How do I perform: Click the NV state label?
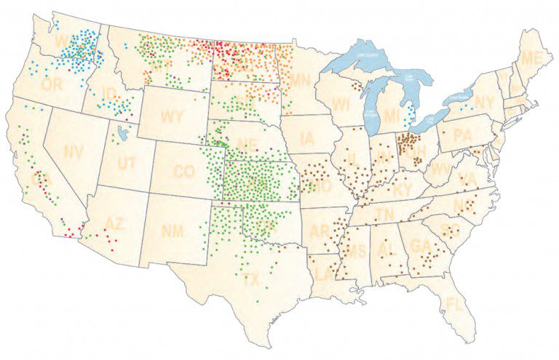(x=74, y=152)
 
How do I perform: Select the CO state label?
(x=184, y=172)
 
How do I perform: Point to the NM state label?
(x=172, y=231)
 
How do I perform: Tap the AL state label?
(x=386, y=249)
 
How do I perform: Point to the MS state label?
(x=355, y=252)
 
